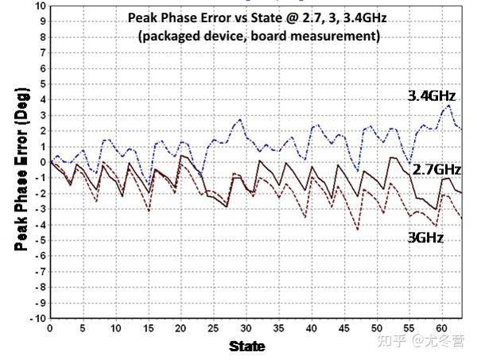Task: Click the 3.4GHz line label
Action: (433, 95)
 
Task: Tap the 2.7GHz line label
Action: (436, 169)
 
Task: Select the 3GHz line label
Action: (421, 237)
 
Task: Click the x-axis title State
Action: (247, 346)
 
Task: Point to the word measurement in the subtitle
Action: (336, 36)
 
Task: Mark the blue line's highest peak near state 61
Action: (449, 106)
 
